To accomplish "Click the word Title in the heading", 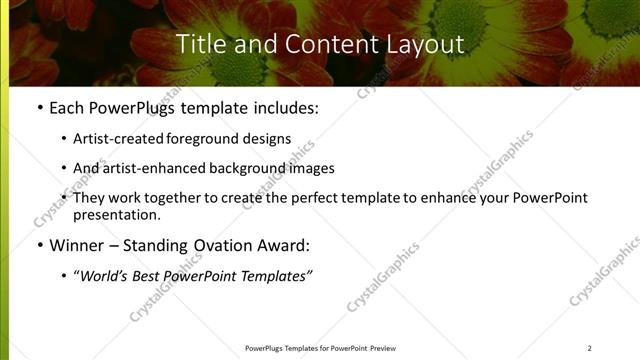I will point(198,44).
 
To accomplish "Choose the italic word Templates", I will point(278,275).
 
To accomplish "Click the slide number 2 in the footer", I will point(590,347).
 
